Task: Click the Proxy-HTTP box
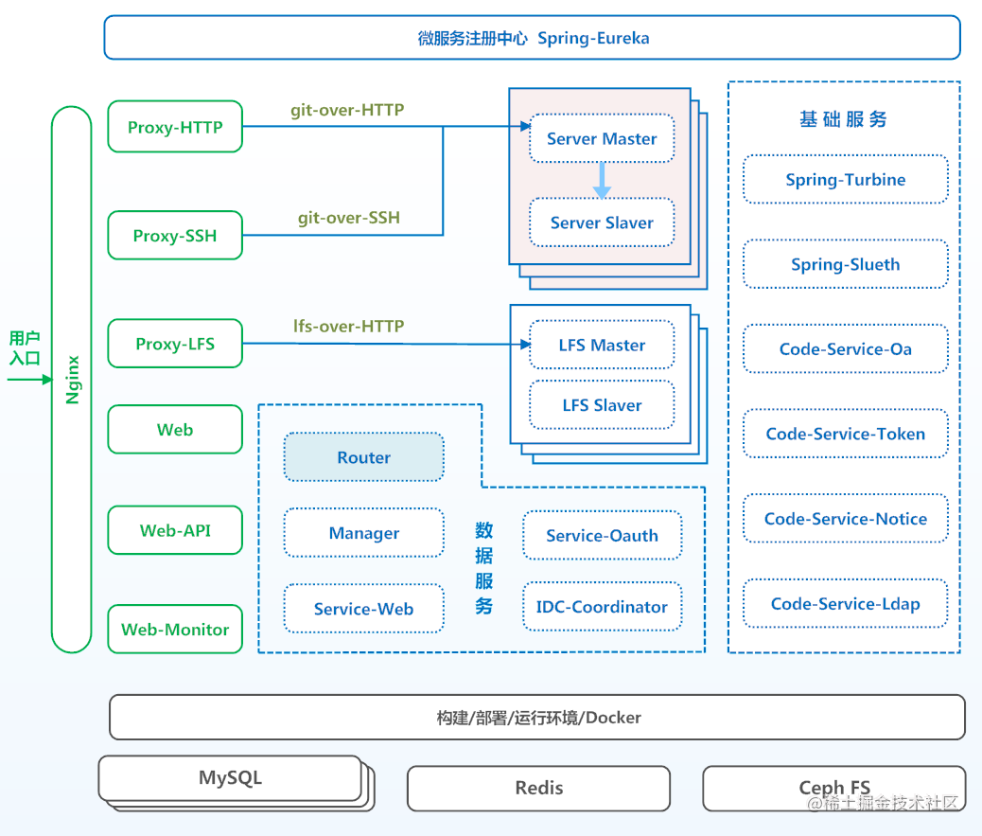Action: tap(175, 127)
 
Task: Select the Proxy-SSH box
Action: tap(175, 236)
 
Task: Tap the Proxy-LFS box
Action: tap(175, 344)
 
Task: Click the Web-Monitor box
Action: tap(175, 630)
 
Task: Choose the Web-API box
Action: tap(175, 530)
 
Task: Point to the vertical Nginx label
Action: tap(72, 380)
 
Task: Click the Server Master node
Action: tap(602, 139)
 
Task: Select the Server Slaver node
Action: tap(602, 223)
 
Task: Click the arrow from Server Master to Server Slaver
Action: tap(602, 181)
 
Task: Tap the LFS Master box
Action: tap(602, 346)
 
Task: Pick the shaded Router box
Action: tap(363, 457)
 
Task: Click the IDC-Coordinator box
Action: tap(602, 607)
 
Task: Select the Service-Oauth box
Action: tap(602, 535)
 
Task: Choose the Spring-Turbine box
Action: tap(845, 180)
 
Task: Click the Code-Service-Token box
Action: tap(845, 434)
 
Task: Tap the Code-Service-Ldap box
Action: tap(845, 604)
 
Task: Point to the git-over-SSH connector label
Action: tap(349, 218)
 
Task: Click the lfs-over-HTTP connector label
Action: tap(349, 327)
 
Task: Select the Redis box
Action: tap(538, 788)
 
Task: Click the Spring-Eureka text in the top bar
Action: tap(593, 39)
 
